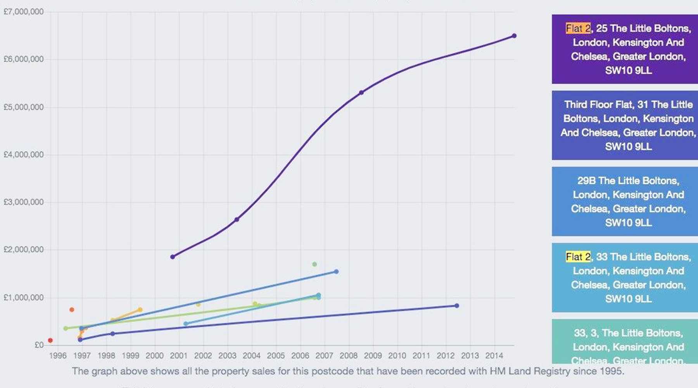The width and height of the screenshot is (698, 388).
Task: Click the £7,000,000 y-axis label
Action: (x=23, y=12)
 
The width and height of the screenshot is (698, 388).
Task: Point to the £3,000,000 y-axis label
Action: (x=23, y=202)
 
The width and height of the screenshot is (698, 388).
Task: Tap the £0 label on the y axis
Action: (x=39, y=345)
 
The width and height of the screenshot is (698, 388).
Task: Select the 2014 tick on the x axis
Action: (x=494, y=355)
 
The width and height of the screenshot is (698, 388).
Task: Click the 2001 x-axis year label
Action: (x=179, y=355)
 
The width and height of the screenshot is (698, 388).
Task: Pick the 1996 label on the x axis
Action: (x=58, y=355)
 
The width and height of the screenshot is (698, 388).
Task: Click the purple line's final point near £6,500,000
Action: (x=514, y=36)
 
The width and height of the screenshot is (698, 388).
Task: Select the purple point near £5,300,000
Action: (x=361, y=92)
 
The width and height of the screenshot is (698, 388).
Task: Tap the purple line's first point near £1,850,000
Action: (x=173, y=257)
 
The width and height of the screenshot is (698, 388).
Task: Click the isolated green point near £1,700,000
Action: (x=314, y=264)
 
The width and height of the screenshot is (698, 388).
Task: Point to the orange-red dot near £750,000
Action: (x=72, y=310)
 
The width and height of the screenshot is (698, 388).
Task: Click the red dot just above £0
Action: (x=50, y=340)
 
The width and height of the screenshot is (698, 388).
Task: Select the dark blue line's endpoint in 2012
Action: (x=457, y=306)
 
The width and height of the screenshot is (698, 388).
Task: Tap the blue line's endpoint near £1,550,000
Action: (x=336, y=272)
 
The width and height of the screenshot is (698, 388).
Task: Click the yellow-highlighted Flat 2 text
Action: (x=578, y=257)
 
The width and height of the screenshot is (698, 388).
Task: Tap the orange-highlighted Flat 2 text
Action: (x=578, y=28)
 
